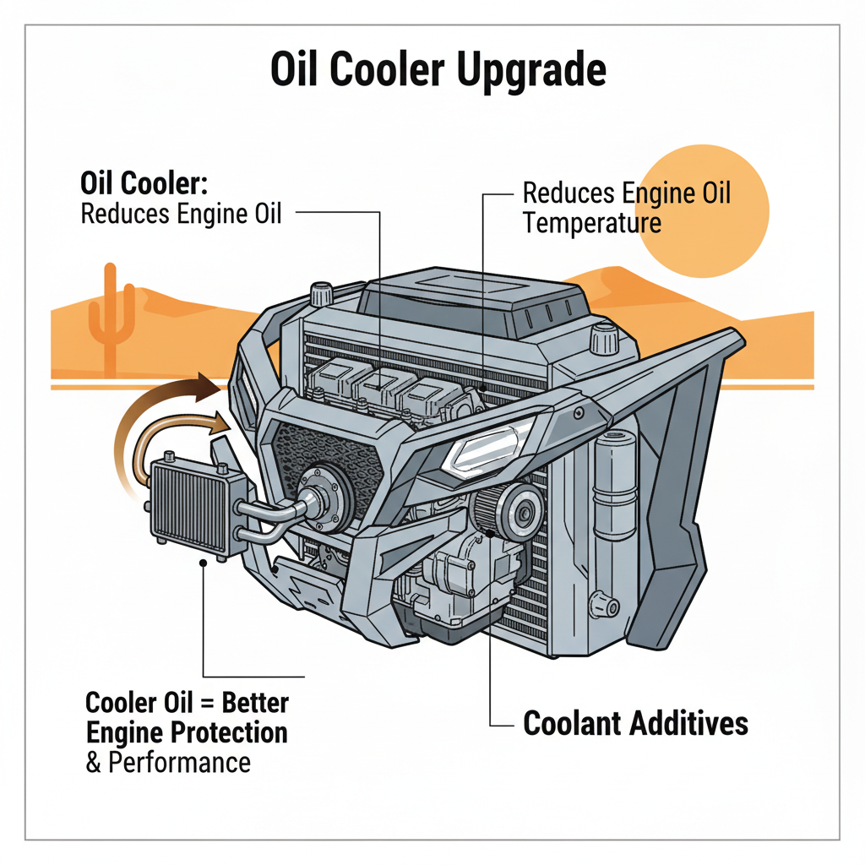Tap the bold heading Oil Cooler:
tap(149, 183)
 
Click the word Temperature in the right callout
tap(591, 223)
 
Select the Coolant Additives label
tap(635, 724)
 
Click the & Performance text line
tap(168, 762)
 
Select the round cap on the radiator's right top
tap(601, 340)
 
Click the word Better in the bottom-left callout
tap(253, 703)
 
